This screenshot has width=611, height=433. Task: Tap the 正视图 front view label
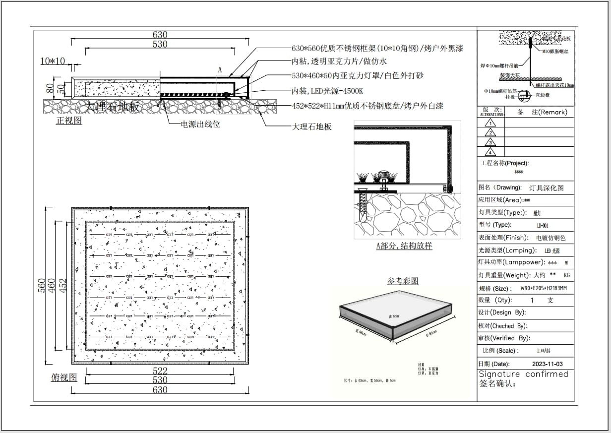pos(69,121)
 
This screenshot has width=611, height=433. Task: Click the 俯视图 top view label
pos(64,377)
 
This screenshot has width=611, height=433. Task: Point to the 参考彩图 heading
pos(403,281)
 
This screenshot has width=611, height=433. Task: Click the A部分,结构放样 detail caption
pos(404,246)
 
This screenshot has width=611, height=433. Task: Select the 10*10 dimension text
pos(53,61)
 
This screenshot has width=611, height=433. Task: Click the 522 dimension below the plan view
pos(160,371)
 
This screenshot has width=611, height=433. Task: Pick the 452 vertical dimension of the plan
pos(63,286)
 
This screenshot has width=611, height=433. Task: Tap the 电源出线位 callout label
pos(200,124)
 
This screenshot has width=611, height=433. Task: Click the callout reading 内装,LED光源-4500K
pos(327,91)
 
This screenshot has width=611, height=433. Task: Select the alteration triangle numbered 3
pos(490,142)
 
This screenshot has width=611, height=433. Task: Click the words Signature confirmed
pos(523,374)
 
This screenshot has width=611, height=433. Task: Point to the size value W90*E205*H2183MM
pos(544,288)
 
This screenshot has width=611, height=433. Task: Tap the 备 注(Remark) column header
pos(542,112)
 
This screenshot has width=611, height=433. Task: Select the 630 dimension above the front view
pos(160,35)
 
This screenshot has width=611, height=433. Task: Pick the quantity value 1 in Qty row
pos(532,300)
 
